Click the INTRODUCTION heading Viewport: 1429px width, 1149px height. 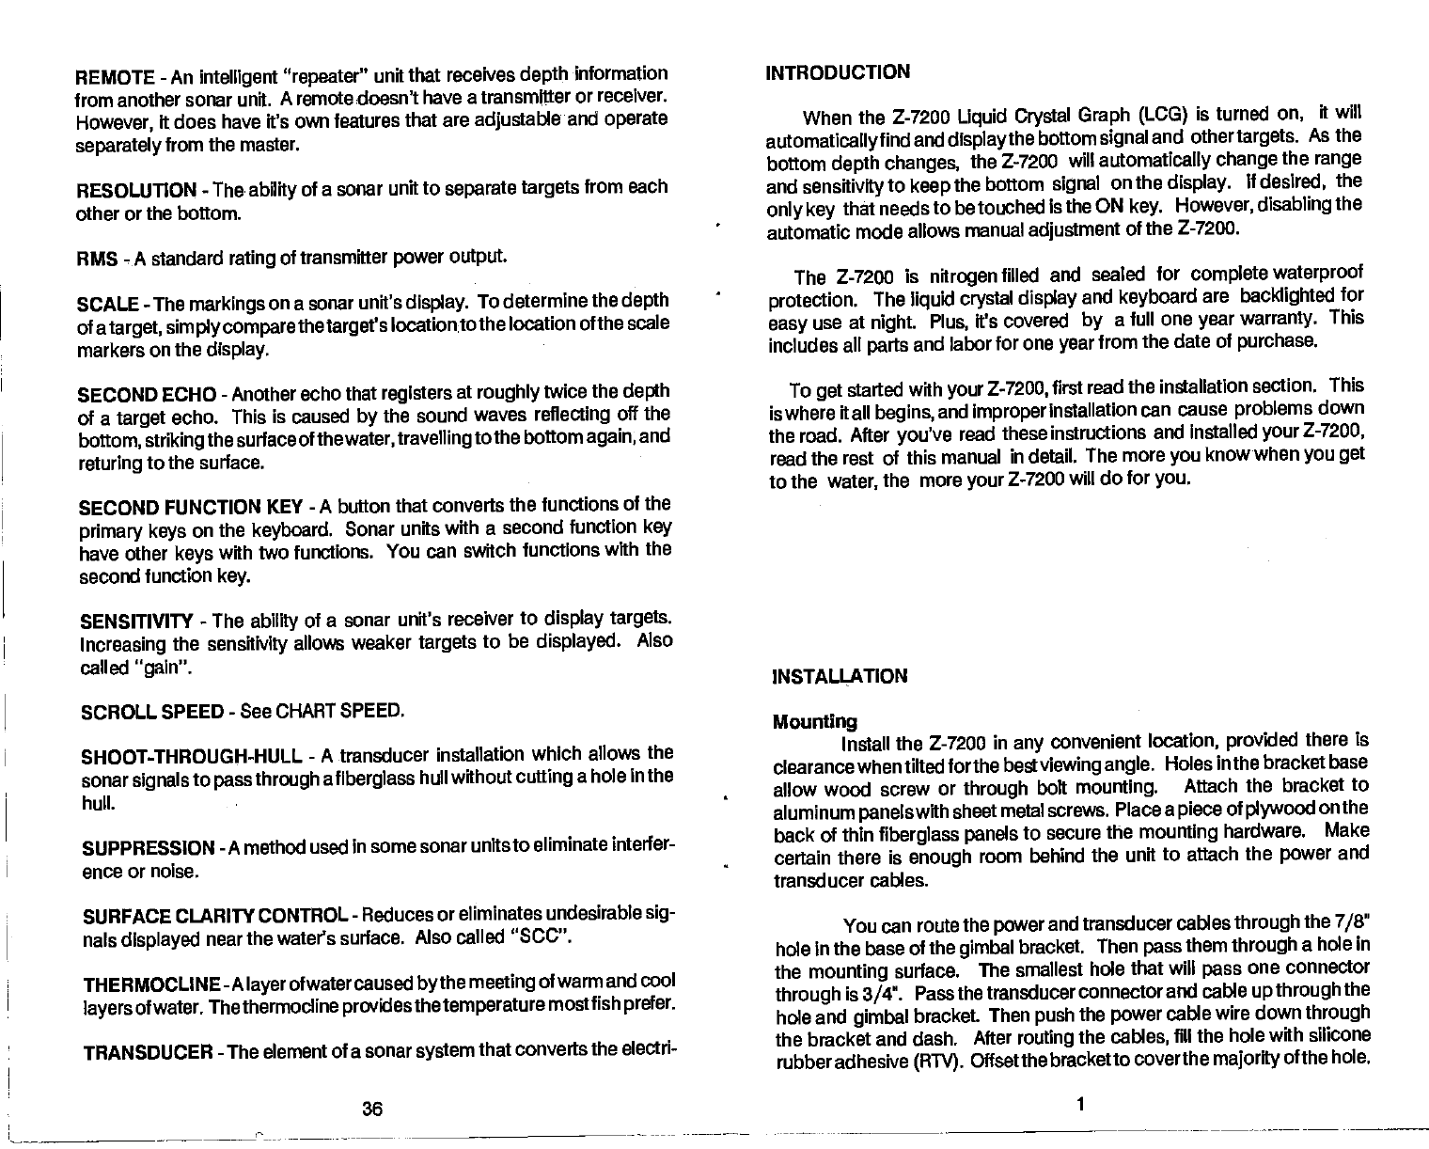[839, 72]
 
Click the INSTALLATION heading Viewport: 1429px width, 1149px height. [840, 676]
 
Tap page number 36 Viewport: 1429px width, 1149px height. [372, 1109]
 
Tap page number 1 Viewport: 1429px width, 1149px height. [1080, 1105]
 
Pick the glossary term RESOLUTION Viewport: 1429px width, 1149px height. [133, 189]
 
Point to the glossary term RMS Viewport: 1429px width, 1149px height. [95, 257]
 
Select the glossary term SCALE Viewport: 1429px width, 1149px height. [107, 303]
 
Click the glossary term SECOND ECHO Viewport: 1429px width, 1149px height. [147, 393]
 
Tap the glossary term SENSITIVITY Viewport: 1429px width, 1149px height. [135, 622]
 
